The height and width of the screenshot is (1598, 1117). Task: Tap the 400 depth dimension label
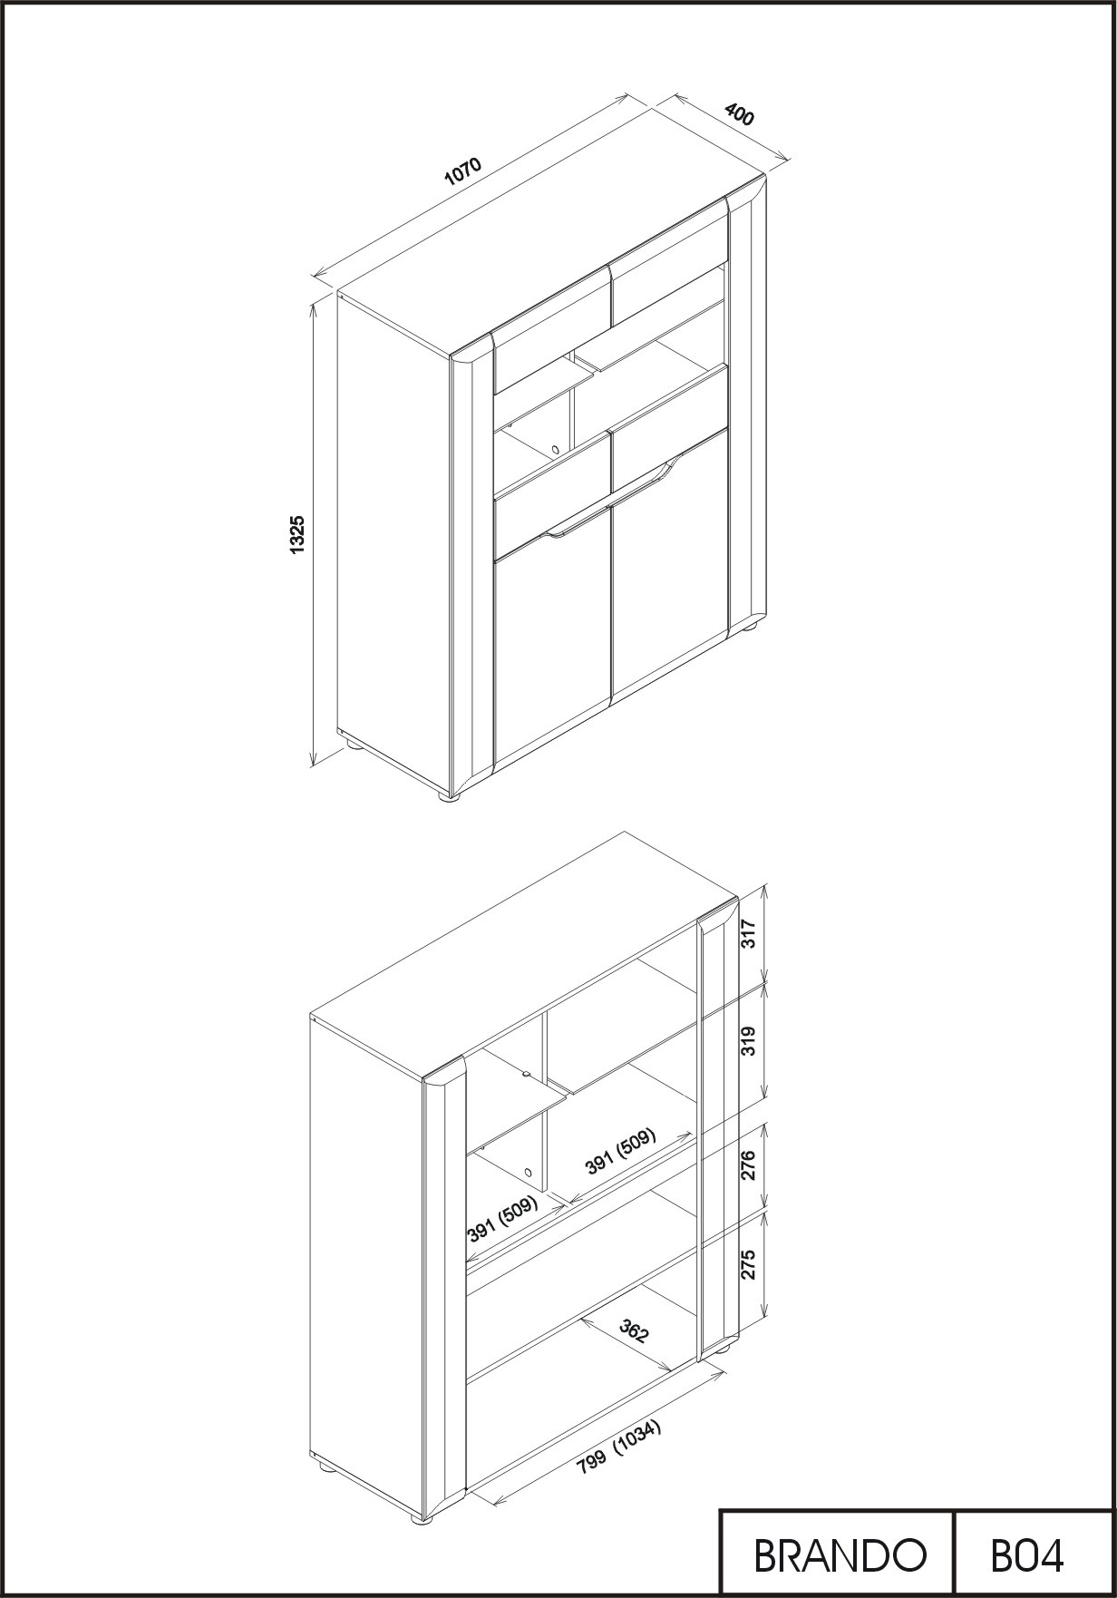(739, 115)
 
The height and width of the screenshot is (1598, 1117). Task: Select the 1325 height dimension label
(296, 535)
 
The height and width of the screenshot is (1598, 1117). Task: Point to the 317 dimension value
(749, 933)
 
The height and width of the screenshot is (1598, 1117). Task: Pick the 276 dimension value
(749, 1165)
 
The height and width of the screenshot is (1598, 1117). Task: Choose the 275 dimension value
(749, 1264)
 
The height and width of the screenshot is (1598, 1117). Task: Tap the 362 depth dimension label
(634, 1331)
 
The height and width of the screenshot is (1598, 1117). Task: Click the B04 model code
(1027, 1556)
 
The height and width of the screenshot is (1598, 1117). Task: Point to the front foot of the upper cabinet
(450, 797)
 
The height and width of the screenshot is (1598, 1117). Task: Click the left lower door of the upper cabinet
(552, 648)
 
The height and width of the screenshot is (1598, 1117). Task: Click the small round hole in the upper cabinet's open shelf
(554, 448)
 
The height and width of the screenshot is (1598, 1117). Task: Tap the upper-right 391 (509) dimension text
(621, 1151)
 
